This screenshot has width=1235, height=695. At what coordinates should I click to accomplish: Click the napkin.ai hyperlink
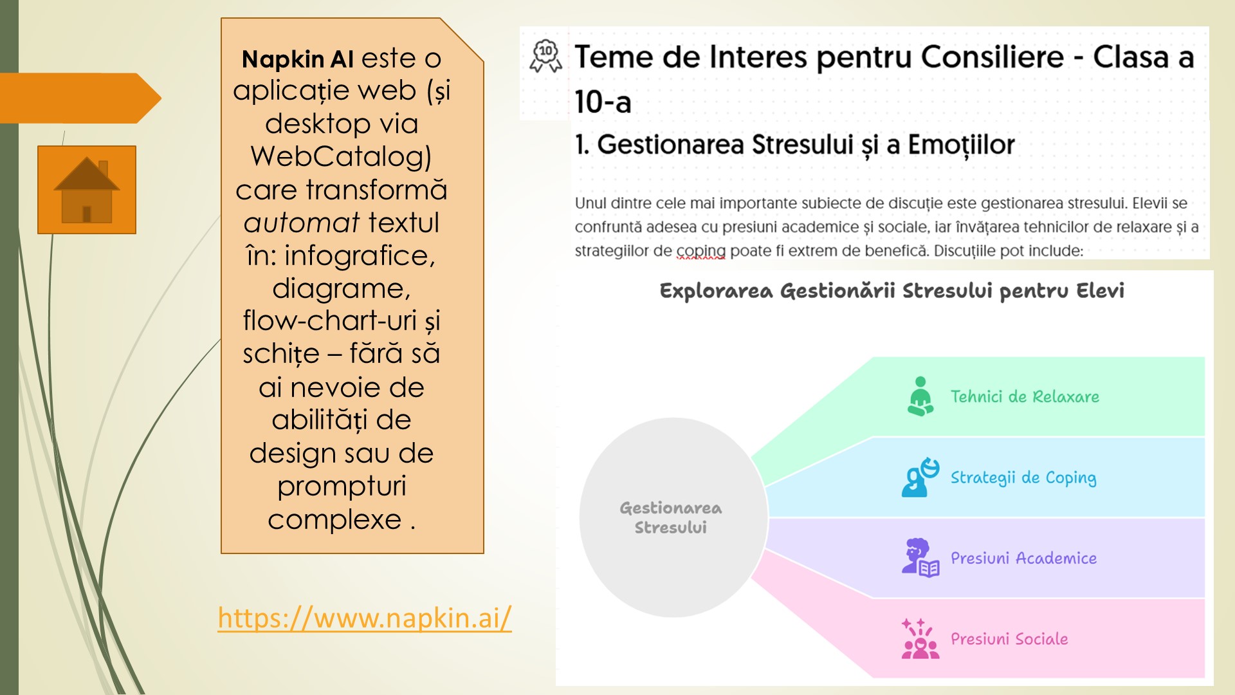[x=365, y=618]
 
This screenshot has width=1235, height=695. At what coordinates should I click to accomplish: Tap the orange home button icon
[x=87, y=190]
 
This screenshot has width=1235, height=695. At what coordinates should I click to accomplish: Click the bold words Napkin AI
[x=298, y=59]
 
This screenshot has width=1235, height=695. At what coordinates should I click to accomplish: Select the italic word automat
[x=301, y=223]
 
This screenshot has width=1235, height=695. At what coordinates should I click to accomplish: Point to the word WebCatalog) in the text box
[x=341, y=157]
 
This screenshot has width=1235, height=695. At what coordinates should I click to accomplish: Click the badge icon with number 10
[x=545, y=55]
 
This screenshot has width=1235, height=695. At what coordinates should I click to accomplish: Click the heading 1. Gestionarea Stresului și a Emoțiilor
[x=794, y=145]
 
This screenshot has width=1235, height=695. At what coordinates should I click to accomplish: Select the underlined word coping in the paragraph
[x=700, y=251]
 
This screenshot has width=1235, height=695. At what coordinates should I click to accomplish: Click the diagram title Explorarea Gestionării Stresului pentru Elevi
[x=892, y=291]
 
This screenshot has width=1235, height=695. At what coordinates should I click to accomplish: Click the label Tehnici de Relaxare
[x=1025, y=396]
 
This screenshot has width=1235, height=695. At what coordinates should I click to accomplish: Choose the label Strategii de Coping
[x=1023, y=477]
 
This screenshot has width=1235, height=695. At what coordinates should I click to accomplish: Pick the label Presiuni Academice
[x=1023, y=558]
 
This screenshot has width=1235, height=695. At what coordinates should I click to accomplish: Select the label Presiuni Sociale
[x=1009, y=639]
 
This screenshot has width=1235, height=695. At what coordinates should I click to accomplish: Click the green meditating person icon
[x=920, y=396]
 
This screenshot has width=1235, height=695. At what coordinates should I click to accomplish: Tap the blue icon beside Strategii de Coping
[x=920, y=477]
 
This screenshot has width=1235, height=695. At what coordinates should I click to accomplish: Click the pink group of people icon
[x=920, y=639]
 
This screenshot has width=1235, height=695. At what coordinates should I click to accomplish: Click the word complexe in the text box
[x=334, y=520]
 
